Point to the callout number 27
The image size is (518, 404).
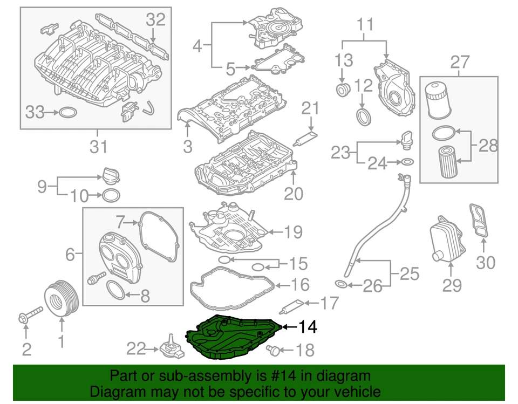(459, 62)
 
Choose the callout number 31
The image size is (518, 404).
(98, 146)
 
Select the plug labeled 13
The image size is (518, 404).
(342, 88)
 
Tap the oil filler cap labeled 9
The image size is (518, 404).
(109, 175)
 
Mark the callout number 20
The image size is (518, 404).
(294, 193)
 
